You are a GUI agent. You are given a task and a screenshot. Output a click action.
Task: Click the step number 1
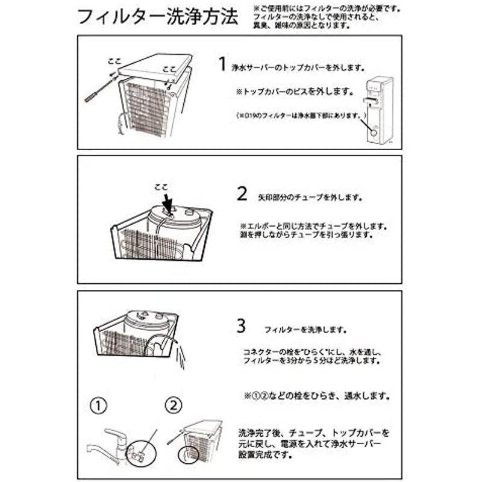pyautogui.click(x=222, y=64)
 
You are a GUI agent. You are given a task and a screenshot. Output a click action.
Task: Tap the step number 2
pyautogui.click(x=242, y=194)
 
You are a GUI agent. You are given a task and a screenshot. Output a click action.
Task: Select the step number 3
pyautogui.click(x=242, y=327)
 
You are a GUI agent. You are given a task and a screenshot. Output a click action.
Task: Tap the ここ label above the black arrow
pyautogui.click(x=161, y=187)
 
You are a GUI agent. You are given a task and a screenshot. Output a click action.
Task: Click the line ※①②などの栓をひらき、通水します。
pyautogui.click(x=316, y=397)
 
